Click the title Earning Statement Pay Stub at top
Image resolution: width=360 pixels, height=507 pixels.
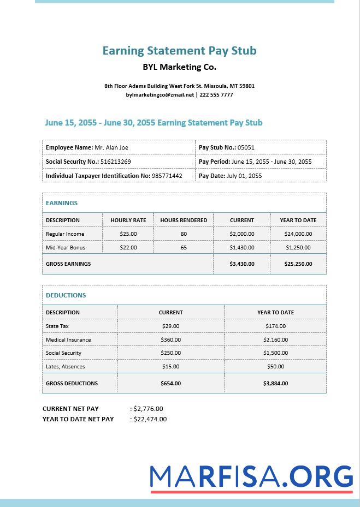coord(179,51)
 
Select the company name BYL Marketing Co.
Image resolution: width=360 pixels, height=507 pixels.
coord(179,68)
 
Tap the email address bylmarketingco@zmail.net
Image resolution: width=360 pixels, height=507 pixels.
coord(160,95)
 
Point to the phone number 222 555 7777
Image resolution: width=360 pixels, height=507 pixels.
coord(216,95)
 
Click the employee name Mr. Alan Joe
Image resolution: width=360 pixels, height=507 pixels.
coord(111,147)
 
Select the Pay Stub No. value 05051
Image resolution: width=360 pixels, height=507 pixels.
coord(246,147)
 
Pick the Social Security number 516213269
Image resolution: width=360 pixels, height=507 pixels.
coord(115,162)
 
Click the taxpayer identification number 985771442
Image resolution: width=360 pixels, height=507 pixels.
coord(167,176)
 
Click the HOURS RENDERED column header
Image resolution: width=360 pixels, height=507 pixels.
coord(184,220)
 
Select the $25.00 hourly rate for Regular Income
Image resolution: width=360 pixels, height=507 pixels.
coord(128,234)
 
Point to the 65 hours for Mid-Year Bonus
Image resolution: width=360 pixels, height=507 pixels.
coord(184,247)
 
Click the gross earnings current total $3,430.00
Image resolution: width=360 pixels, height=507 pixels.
coord(241,264)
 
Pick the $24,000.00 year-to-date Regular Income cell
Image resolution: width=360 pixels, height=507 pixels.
coord(298,234)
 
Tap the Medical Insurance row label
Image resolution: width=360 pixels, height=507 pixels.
coord(68,339)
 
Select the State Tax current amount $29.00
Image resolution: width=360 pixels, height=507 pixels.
coord(170,326)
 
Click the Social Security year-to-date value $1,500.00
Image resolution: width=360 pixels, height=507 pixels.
coord(275,353)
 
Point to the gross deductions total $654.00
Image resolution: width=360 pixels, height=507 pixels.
coord(170,384)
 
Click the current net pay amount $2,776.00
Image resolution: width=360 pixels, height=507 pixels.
coord(148,409)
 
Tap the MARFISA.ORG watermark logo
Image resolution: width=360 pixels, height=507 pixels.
coord(251,477)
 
